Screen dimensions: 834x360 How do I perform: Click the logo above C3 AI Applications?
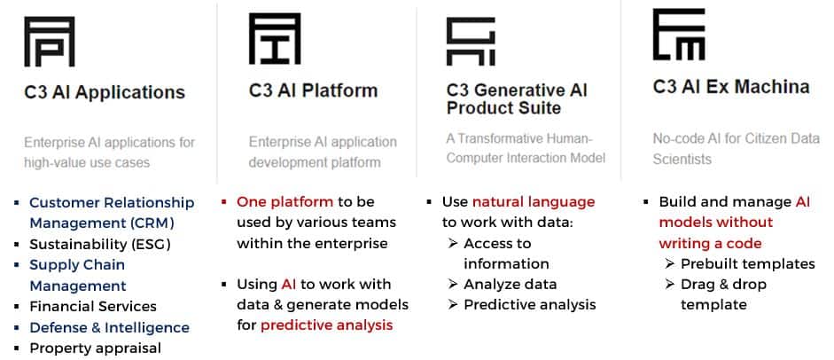tap(50, 42)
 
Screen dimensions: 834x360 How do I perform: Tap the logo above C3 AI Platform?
tap(275, 39)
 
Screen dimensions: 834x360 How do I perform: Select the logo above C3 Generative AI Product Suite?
tap(471, 42)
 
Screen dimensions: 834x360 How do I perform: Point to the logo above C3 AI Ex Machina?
tap(679, 34)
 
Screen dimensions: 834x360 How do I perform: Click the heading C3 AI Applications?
tap(105, 92)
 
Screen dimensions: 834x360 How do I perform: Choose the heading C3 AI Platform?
tap(313, 90)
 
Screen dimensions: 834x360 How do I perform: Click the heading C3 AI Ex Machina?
tap(731, 87)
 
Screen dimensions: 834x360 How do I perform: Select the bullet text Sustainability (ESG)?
tap(100, 245)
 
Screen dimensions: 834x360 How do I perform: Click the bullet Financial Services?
tap(93, 307)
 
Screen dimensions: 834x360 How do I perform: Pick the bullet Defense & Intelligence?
tap(110, 327)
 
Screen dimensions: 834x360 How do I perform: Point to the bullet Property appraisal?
tap(95, 348)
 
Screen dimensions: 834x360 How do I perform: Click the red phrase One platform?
tap(285, 202)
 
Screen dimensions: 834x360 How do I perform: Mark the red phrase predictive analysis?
tap(326, 325)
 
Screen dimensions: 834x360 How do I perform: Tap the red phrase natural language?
tap(534, 202)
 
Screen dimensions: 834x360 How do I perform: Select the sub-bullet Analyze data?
tap(511, 285)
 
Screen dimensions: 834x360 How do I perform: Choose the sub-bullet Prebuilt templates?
tap(748, 263)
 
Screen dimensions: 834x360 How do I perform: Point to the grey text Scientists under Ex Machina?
tap(682, 159)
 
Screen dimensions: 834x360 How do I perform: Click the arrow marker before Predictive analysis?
tap(453, 305)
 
